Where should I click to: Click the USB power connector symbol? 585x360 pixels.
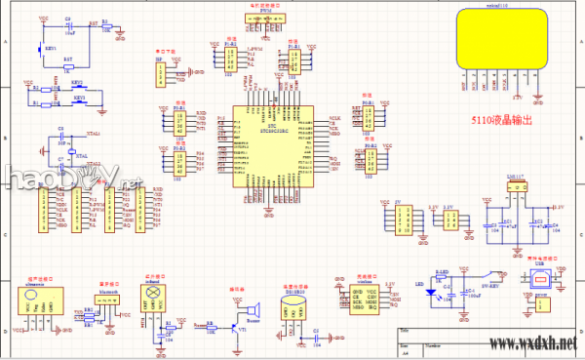[538, 278]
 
